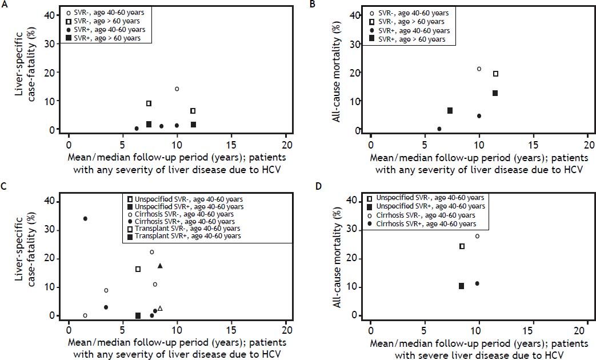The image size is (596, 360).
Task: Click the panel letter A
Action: coord(4,4)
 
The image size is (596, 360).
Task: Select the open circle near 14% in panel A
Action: coord(177,89)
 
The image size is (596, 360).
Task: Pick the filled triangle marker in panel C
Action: coord(160,266)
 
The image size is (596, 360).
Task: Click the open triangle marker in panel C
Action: coord(160,309)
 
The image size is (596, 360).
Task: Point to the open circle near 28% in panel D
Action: coord(478,236)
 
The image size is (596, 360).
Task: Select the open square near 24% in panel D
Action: coord(462,246)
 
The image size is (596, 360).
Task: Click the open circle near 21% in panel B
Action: coord(479,69)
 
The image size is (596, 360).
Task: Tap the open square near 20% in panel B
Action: coord(495,74)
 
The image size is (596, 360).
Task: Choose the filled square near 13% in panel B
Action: coord(495,93)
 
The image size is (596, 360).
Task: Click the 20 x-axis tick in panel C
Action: coord(286,330)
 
